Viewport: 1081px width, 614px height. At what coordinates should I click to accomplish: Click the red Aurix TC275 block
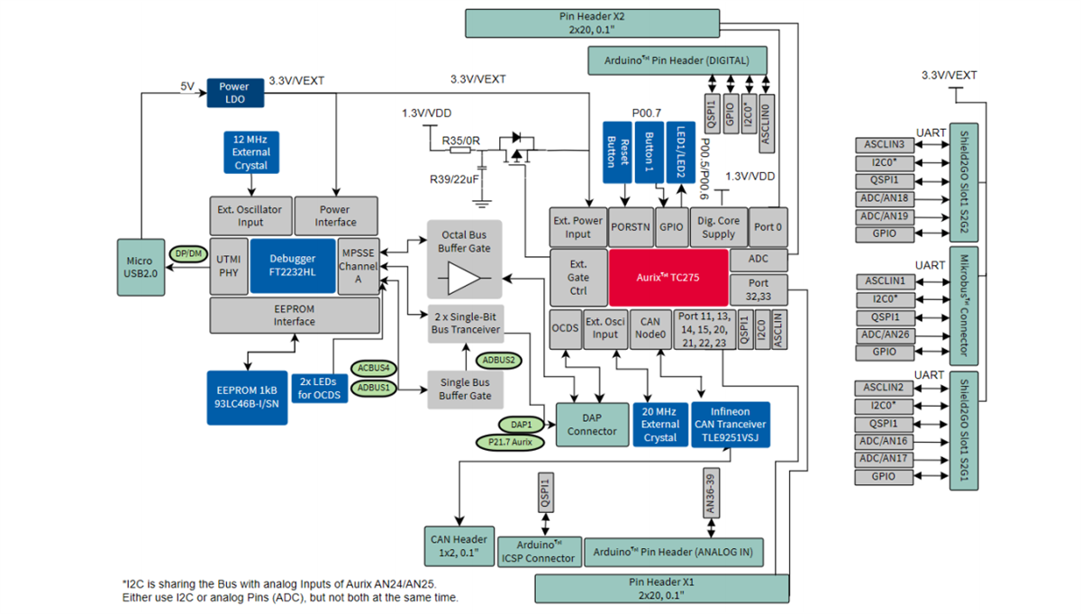(x=668, y=278)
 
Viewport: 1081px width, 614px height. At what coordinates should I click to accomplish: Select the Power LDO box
(x=234, y=93)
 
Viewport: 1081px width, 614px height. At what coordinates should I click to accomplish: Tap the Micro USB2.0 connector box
(x=140, y=266)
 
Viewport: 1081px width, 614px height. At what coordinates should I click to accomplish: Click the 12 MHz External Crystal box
(x=250, y=152)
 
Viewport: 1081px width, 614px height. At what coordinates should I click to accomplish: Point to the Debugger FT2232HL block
(x=292, y=266)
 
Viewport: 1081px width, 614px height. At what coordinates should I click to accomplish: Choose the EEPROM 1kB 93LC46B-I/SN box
(x=245, y=389)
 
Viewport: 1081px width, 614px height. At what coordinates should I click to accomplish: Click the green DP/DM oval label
(x=189, y=254)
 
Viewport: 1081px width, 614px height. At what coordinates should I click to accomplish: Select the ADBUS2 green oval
(x=498, y=360)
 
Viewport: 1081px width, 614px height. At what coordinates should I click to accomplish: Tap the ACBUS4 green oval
(x=373, y=368)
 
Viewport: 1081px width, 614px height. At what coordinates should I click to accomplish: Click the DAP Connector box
(x=592, y=425)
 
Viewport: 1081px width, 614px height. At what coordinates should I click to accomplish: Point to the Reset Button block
(x=617, y=151)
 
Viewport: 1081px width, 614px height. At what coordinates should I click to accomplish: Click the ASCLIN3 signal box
(x=884, y=145)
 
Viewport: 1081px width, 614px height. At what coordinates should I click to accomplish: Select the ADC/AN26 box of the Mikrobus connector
(x=884, y=334)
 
